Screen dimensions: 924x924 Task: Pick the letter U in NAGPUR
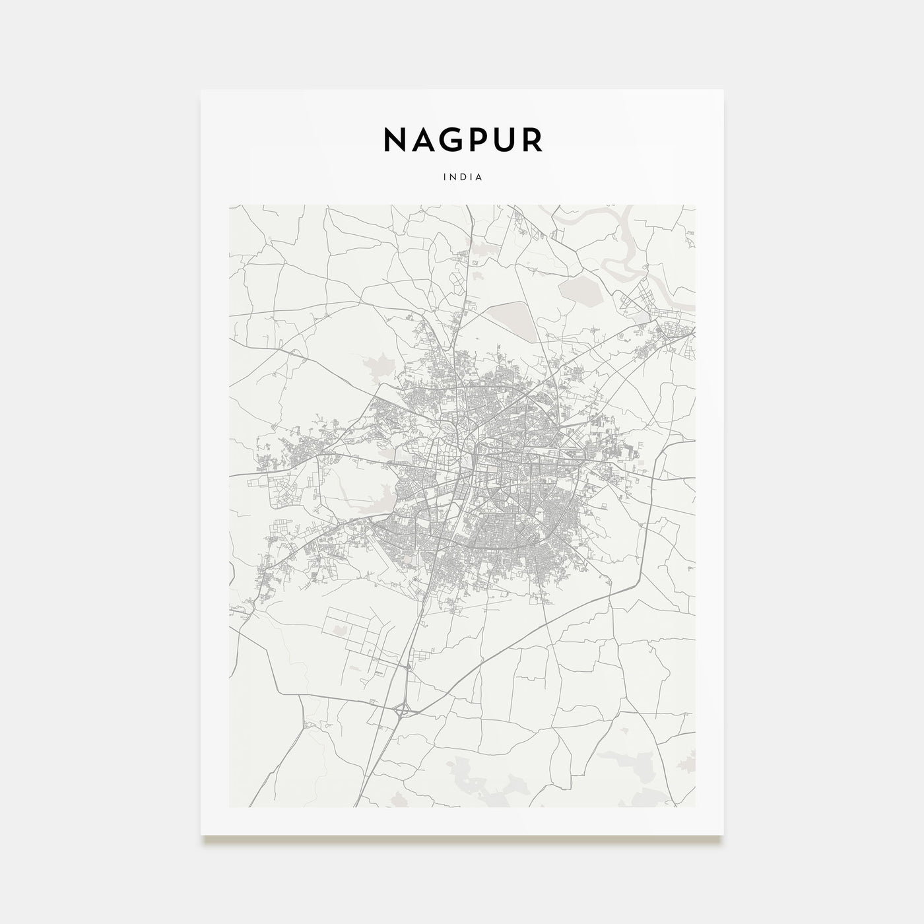(507, 140)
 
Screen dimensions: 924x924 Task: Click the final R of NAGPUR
(533, 140)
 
